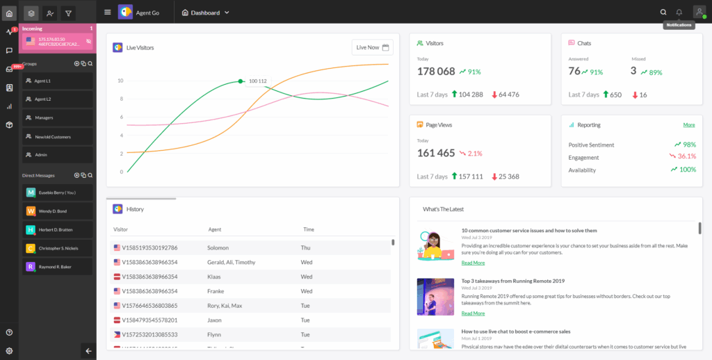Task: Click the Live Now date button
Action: (x=373, y=47)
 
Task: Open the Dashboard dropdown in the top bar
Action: (x=205, y=13)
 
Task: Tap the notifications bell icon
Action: (x=679, y=12)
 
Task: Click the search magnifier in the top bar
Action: (x=663, y=12)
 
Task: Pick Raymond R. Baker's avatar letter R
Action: (x=31, y=266)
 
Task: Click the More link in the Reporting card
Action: (x=688, y=125)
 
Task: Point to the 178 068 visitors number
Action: (x=436, y=72)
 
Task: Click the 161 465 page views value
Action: (x=436, y=153)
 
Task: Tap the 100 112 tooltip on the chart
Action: (x=257, y=81)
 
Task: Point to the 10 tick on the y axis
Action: (x=120, y=81)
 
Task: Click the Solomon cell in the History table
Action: (x=218, y=247)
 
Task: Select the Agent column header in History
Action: (x=215, y=229)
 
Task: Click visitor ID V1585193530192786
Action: (x=149, y=247)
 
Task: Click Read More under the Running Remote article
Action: (x=473, y=313)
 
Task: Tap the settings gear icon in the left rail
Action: (x=9, y=351)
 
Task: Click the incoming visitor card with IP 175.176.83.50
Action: (x=58, y=42)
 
